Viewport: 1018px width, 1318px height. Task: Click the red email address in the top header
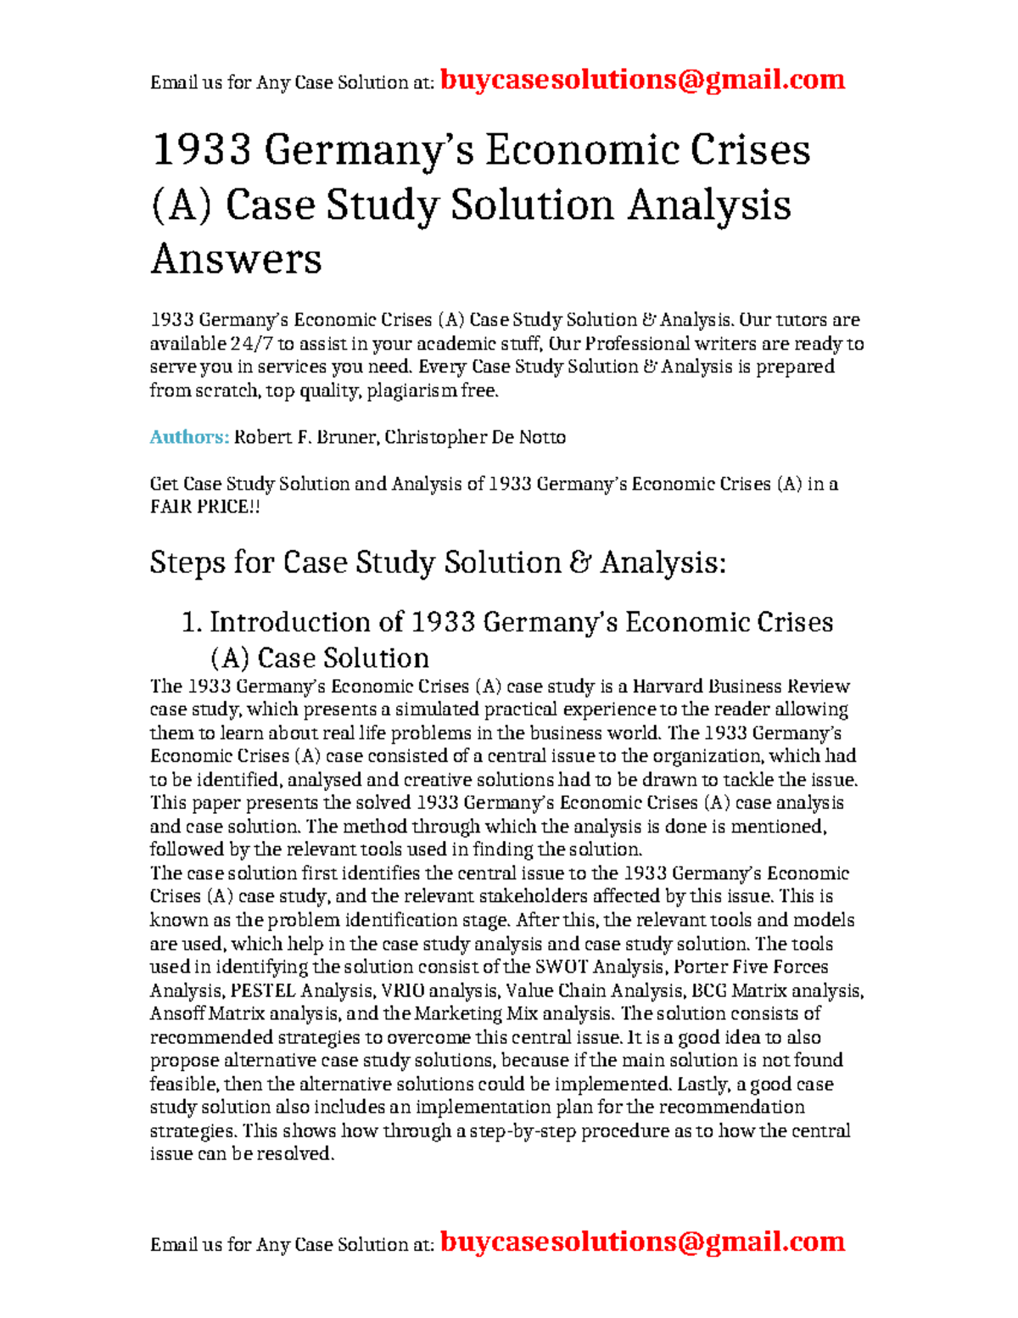(x=642, y=80)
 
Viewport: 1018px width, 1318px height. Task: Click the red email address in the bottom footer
(x=642, y=1242)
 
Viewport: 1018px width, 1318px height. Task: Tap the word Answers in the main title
(x=236, y=259)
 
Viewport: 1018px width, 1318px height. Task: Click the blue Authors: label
(x=189, y=437)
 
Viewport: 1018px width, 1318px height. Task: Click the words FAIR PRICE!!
(x=204, y=507)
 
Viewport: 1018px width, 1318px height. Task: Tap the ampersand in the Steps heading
(x=580, y=563)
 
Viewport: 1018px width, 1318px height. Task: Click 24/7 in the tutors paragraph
(x=251, y=344)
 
